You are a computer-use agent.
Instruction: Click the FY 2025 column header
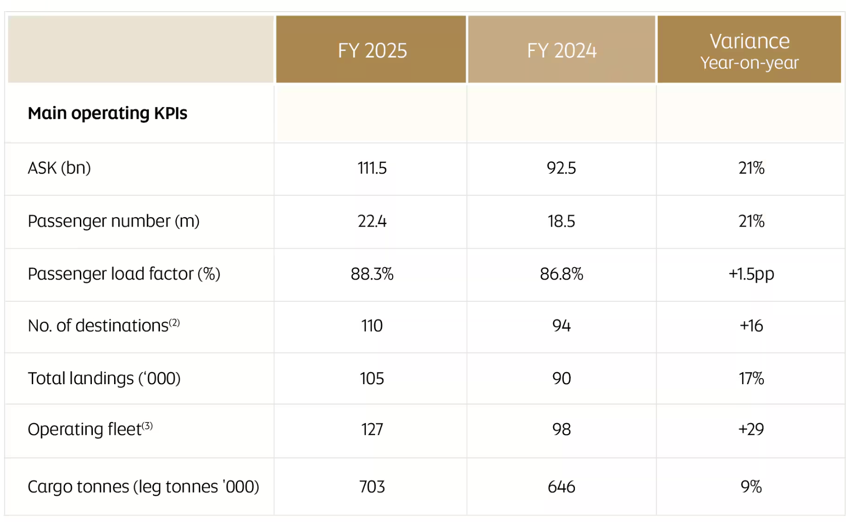372,50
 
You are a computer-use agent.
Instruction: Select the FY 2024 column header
561,50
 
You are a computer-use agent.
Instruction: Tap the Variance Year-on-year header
749,50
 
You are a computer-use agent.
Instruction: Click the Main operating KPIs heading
107,113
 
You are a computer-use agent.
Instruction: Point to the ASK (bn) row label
59,168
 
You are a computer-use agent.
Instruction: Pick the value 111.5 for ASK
372,168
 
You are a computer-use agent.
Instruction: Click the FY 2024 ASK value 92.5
561,168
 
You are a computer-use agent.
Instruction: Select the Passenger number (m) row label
114,221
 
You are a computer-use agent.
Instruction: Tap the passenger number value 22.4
372,221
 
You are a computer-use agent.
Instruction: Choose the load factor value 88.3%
372,274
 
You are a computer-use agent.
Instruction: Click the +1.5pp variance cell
751,274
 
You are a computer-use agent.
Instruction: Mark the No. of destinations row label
98,326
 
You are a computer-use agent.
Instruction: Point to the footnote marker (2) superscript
174,322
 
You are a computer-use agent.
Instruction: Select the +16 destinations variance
751,326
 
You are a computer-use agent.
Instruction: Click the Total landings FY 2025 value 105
372,378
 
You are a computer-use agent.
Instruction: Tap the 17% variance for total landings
751,378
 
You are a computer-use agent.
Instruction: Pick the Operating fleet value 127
372,429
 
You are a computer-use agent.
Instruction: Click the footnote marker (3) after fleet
147,426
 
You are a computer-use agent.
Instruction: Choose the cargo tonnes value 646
561,487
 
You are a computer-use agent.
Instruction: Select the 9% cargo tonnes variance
751,487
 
